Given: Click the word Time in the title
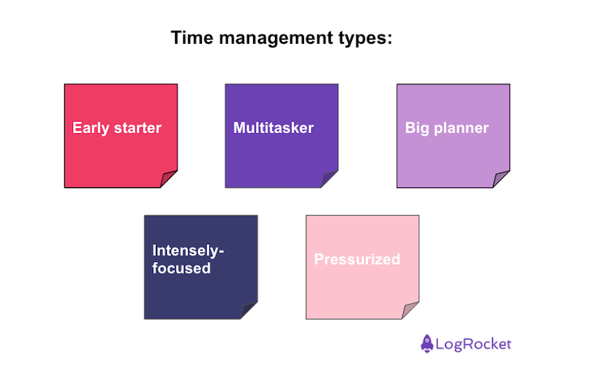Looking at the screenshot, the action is click(192, 38).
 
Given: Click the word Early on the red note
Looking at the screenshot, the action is click(91, 128).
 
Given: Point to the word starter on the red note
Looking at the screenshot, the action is click(138, 128).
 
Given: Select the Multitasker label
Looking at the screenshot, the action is click(273, 127).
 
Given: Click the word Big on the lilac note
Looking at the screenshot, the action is click(417, 128).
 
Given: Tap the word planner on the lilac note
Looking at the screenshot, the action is click(461, 128).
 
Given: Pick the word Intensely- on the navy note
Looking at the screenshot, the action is click(188, 251).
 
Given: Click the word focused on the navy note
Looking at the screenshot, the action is click(181, 269).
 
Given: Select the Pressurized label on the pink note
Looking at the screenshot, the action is click(357, 260).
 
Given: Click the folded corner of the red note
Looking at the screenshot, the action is click(168, 178).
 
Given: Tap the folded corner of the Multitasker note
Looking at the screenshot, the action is click(329, 178).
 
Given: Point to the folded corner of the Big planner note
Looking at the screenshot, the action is click(500, 178).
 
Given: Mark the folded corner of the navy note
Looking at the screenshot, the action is click(248, 310).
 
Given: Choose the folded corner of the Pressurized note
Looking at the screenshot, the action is click(410, 310).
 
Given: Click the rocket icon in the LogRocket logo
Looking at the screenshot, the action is click(427, 344).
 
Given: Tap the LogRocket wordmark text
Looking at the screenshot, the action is click(474, 344).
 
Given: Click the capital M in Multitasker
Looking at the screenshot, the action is click(239, 127).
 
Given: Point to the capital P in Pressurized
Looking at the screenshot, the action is click(319, 260).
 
